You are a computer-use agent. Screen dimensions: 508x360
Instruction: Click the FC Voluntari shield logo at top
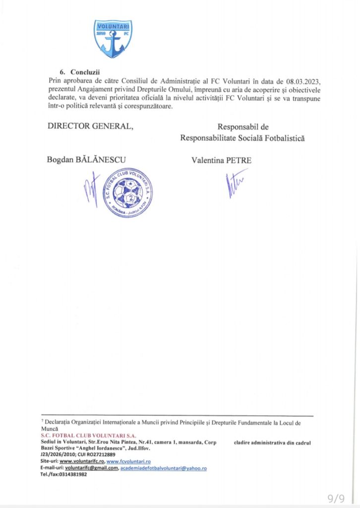[114, 39]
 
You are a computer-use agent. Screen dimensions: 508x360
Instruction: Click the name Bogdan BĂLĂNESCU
[86, 159]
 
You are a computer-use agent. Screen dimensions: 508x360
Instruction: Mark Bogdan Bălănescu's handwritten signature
[92, 189]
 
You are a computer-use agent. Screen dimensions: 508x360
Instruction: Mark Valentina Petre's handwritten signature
[235, 184]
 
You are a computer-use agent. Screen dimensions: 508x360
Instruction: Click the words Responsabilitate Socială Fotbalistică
[242, 138]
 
